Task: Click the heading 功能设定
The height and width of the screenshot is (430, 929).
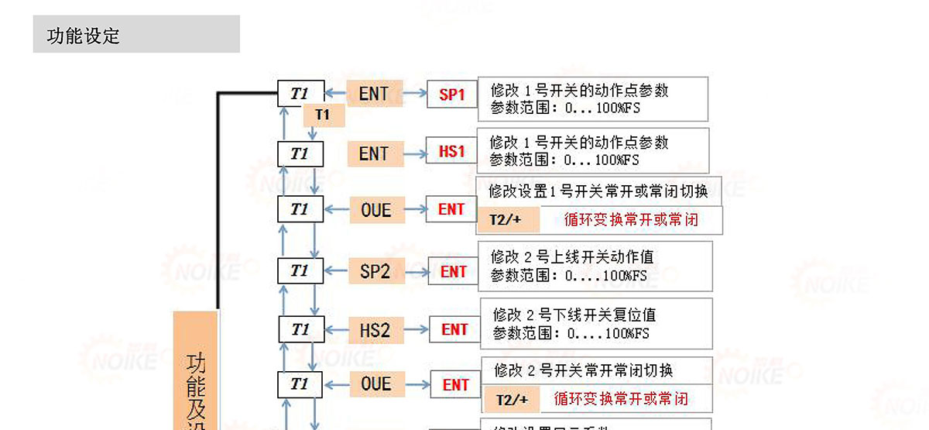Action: (84, 36)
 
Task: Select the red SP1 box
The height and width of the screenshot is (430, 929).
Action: (452, 95)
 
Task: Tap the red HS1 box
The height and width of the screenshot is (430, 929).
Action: (451, 152)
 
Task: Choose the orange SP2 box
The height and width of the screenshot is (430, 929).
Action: (375, 271)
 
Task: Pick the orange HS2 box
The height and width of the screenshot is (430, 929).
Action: (375, 330)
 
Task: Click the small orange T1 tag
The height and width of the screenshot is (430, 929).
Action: (323, 115)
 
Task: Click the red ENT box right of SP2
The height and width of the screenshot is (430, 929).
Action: (454, 271)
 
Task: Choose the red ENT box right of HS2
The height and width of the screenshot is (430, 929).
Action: (454, 329)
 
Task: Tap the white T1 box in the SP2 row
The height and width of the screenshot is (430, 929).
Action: (300, 271)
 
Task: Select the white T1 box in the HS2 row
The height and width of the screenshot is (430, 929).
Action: (300, 329)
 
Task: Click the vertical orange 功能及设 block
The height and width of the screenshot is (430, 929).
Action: (194, 372)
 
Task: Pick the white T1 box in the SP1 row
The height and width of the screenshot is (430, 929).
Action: (300, 95)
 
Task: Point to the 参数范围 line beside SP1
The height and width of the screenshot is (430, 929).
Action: (565, 108)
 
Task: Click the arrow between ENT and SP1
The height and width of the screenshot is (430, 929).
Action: (417, 95)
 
